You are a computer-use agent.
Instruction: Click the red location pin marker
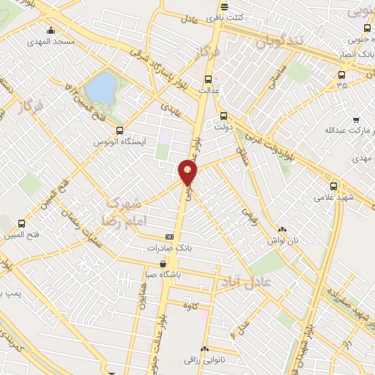pyautogui.click(x=188, y=172)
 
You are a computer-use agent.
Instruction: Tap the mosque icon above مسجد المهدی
pyautogui.click(x=51, y=31)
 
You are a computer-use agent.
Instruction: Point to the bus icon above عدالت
pyautogui.click(x=208, y=79)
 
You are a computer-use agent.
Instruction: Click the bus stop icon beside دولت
pyautogui.click(x=224, y=115)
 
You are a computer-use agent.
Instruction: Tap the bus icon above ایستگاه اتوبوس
pyautogui.click(x=120, y=130)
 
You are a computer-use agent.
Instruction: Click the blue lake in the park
pyautogui.click(x=101, y=88)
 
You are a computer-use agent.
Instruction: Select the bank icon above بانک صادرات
pyautogui.click(x=170, y=237)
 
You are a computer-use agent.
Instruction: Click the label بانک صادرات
pyautogui.click(x=168, y=248)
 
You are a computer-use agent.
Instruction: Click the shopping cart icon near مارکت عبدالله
pyautogui.click(x=356, y=120)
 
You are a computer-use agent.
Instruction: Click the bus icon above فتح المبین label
pyautogui.click(x=21, y=223)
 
